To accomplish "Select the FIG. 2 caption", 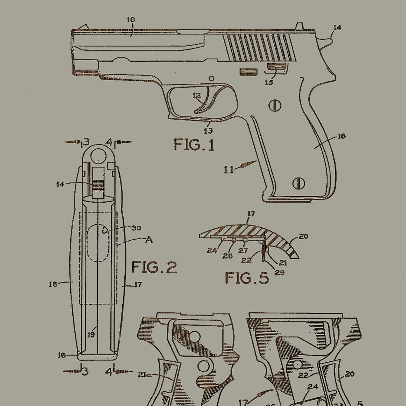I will (x=154, y=267).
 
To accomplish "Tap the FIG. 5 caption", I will (x=247, y=278).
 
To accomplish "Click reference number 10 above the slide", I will (x=131, y=20).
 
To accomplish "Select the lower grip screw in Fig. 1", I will (x=299, y=183).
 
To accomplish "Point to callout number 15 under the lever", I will (x=269, y=82).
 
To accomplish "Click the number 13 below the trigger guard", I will (x=208, y=131).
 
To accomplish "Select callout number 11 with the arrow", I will (x=229, y=170).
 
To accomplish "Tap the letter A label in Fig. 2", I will (x=149, y=240).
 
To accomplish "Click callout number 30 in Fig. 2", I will (x=136, y=228).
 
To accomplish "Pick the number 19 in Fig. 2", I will (x=91, y=335).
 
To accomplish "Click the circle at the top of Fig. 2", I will (x=99, y=156).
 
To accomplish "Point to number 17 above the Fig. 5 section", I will (x=251, y=214).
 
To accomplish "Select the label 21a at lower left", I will (x=144, y=375).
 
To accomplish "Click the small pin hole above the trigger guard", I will (x=212, y=78).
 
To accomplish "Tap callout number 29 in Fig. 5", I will (x=279, y=272).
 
